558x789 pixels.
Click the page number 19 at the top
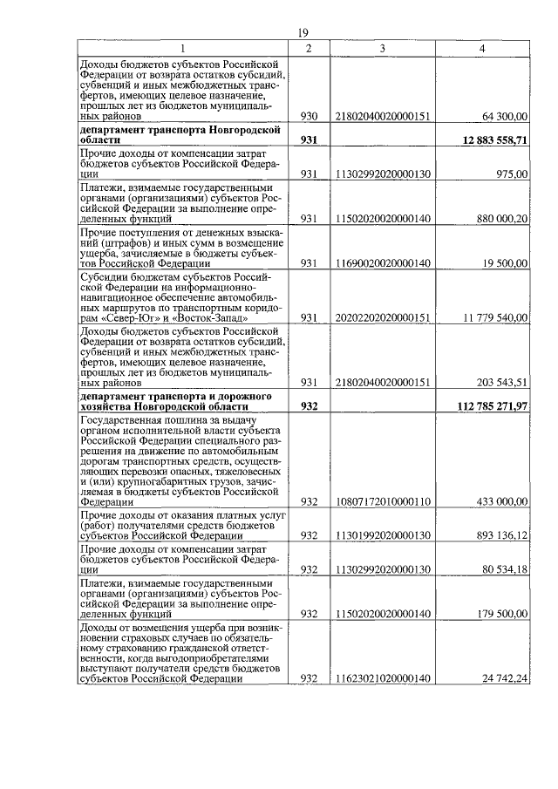[303, 32]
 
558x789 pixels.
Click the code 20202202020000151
[383, 318]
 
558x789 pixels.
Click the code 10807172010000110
[383, 501]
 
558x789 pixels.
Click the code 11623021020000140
[383, 678]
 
